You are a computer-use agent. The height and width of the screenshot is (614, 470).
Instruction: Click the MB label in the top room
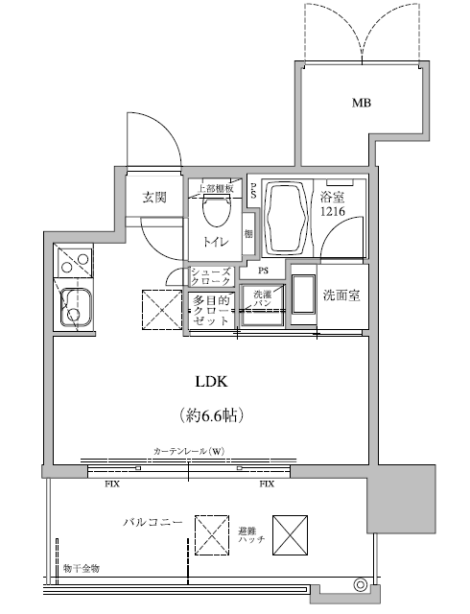pyautogui.click(x=361, y=103)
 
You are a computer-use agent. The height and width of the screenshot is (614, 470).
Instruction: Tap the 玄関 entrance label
pyautogui.click(x=154, y=198)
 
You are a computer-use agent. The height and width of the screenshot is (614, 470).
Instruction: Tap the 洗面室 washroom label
pyautogui.click(x=341, y=295)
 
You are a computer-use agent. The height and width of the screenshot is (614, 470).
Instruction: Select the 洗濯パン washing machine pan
pyautogui.click(x=262, y=304)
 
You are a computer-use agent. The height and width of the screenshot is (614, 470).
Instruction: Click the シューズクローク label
pyautogui.click(x=210, y=277)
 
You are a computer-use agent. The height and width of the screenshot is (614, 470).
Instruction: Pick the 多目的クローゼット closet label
pyautogui.click(x=211, y=313)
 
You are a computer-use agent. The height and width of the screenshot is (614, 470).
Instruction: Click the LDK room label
pyautogui.click(x=211, y=381)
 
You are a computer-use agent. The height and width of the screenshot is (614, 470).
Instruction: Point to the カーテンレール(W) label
pyautogui.click(x=188, y=451)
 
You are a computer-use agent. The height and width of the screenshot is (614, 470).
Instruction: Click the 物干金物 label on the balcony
pyautogui.click(x=82, y=569)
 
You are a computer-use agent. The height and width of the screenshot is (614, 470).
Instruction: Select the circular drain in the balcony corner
pyautogui.click(x=360, y=582)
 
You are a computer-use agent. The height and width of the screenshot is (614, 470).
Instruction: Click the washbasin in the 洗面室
pyautogui.click(x=304, y=295)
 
